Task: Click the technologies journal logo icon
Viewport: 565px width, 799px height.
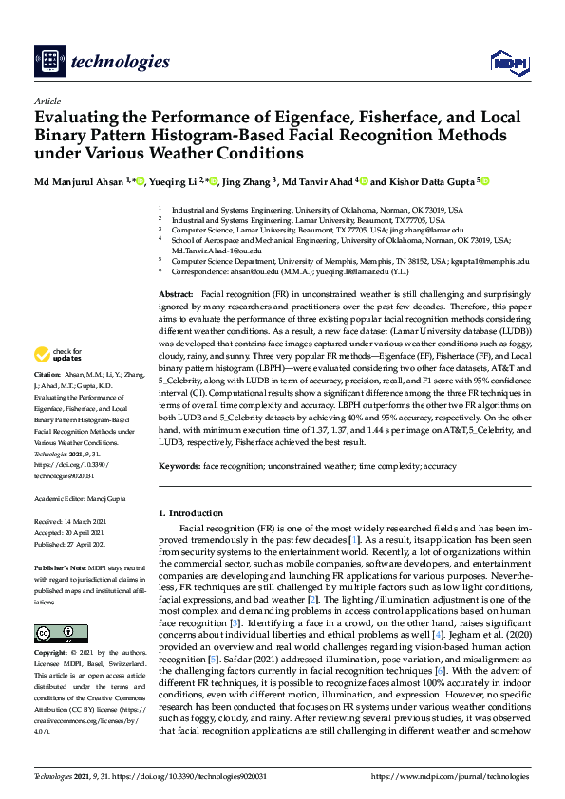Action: coord(48,62)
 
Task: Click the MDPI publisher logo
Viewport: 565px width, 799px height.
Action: coord(509,63)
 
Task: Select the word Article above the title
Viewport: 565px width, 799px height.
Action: coord(47,102)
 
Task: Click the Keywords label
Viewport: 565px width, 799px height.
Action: coord(179,466)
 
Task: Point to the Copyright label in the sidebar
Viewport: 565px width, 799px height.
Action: coord(54,653)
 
